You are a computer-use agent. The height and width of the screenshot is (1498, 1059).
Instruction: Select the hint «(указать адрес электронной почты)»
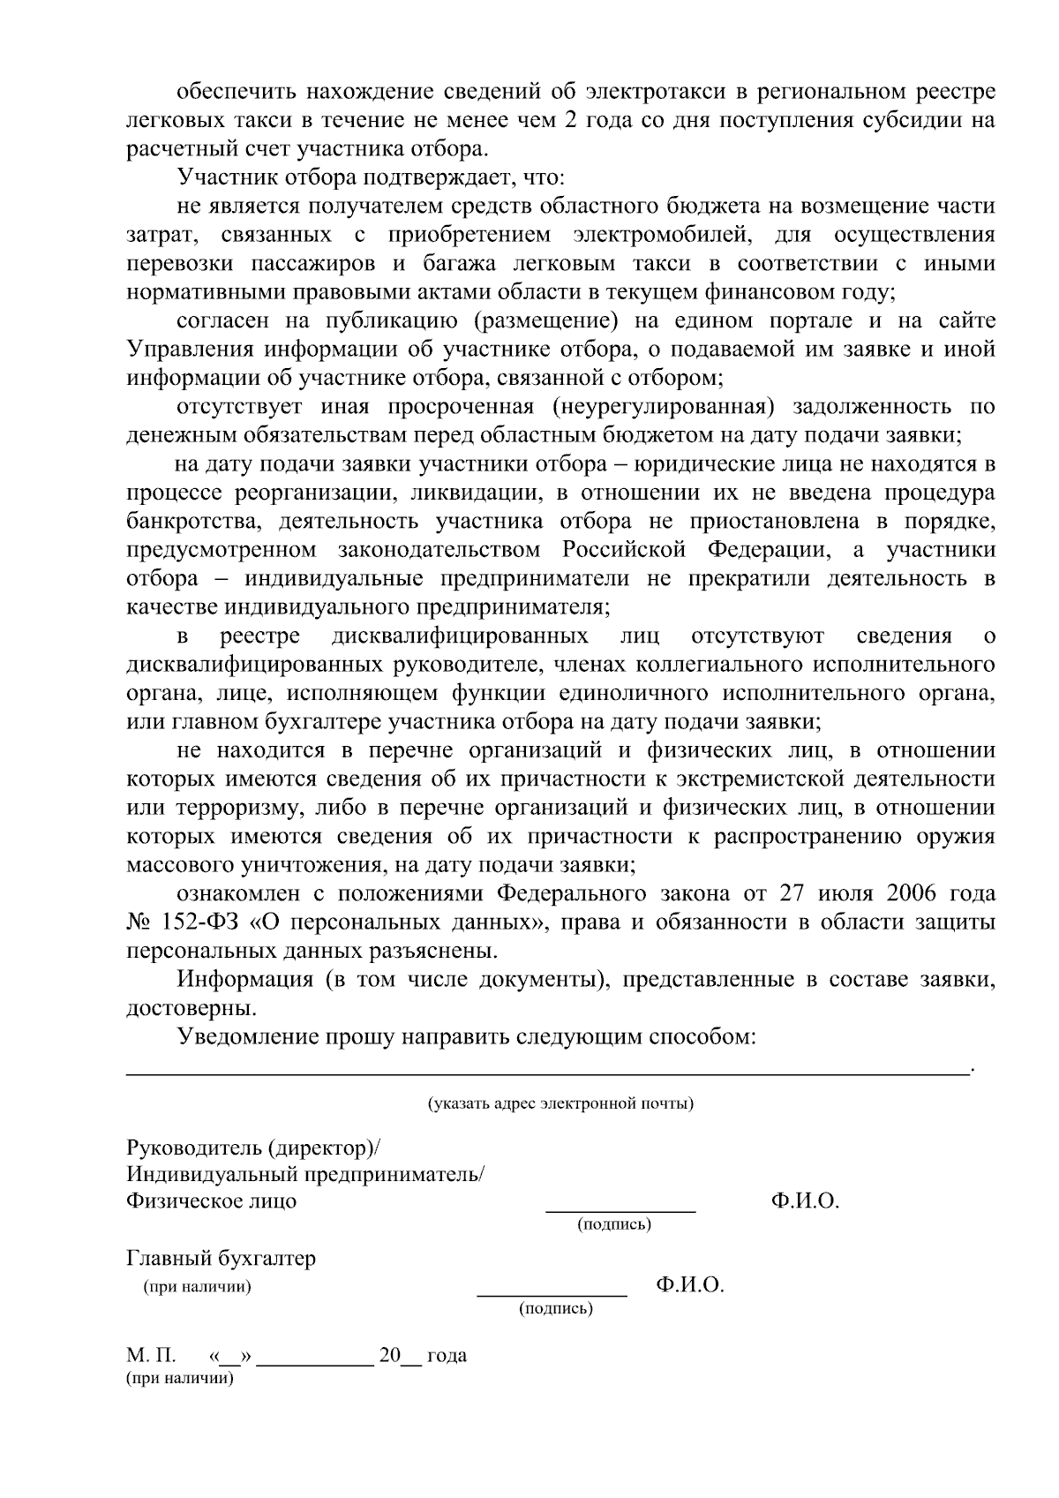click(560, 1104)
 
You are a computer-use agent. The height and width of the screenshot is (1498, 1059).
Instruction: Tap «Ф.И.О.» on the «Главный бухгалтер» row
click(689, 1285)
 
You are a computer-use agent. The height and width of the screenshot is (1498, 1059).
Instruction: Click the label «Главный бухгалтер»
click(221, 1259)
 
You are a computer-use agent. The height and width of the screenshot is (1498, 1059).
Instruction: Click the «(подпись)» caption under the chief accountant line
click(556, 1308)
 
